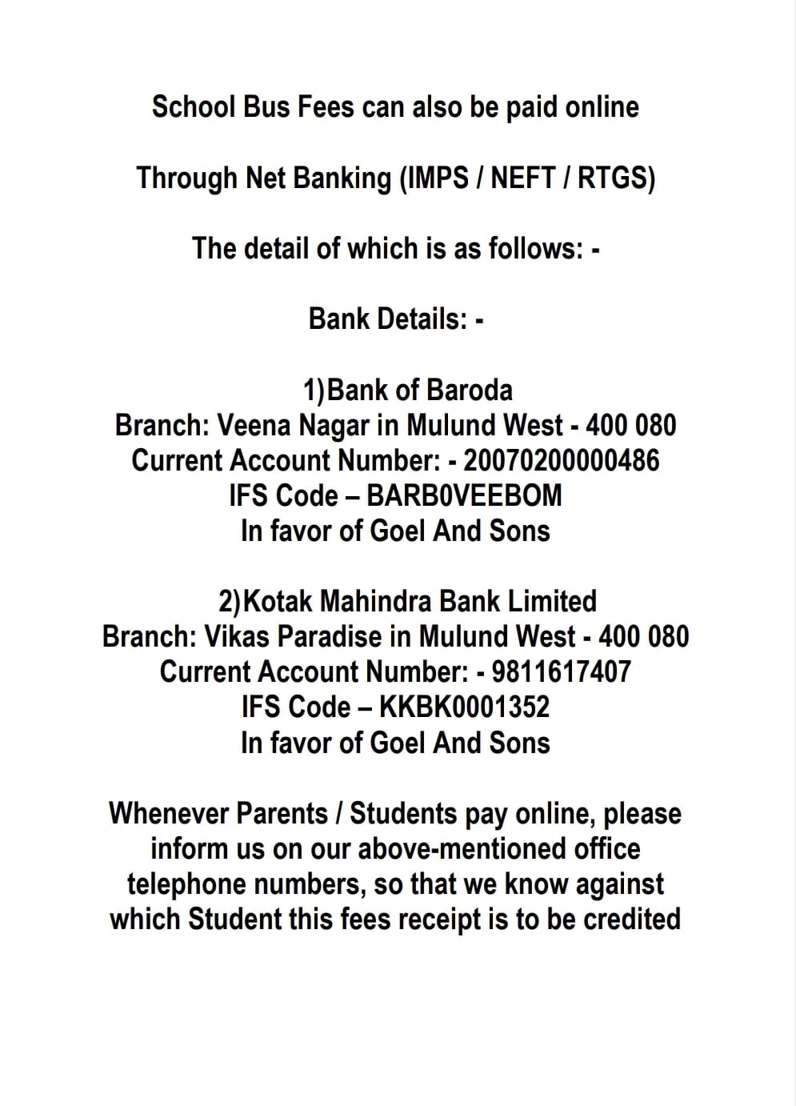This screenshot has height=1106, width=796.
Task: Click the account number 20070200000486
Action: tap(562, 460)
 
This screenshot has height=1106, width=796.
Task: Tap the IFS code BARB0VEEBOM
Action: tap(464, 495)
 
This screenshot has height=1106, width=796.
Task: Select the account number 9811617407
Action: tap(562, 671)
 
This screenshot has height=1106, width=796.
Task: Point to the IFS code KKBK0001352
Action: tap(464, 707)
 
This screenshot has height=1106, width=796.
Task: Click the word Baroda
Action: tap(469, 390)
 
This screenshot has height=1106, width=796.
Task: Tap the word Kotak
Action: tap(279, 601)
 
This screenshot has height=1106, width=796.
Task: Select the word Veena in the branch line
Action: tap(254, 425)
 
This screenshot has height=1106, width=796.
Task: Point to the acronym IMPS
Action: tap(438, 178)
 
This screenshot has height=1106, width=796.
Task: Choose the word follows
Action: tap(532, 248)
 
